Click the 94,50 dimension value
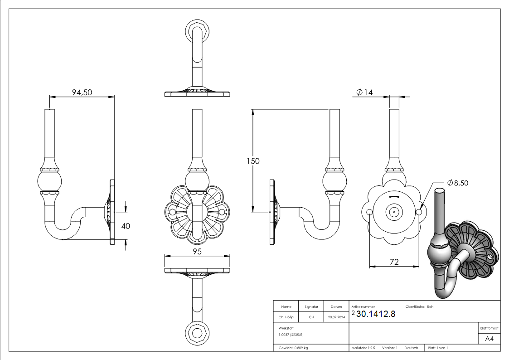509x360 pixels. click(x=82, y=92)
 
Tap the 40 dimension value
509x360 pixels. click(x=126, y=226)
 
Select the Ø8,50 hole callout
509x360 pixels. click(x=457, y=183)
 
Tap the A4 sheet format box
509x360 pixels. click(x=489, y=339)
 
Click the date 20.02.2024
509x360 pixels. click(x=336, y=317)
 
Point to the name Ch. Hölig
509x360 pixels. click(x=286, y=317)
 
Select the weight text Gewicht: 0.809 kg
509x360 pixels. click(x=293, y=348)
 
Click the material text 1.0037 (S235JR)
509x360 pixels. click(x=291, y=335)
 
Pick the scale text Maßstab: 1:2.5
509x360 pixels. click(x=363, y=348)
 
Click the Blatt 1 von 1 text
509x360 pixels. click(x=438, y=348)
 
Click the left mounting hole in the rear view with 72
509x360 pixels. click(x=369, y=212)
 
